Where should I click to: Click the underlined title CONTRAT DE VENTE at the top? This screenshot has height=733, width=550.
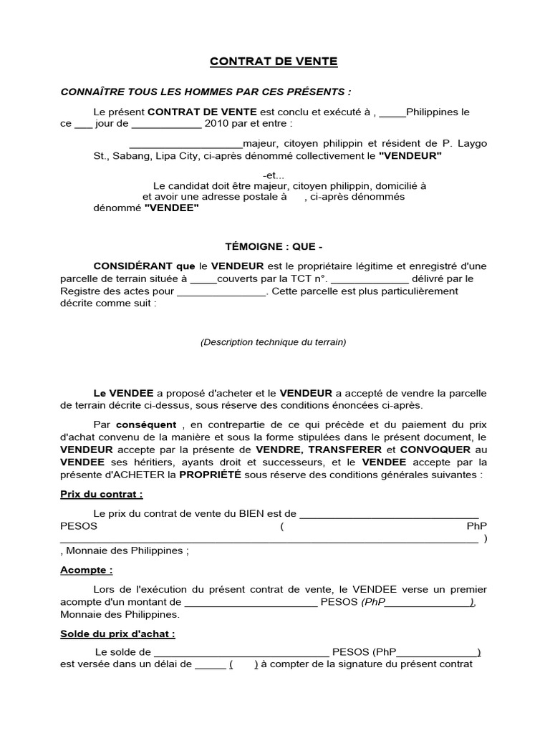click(274, 62)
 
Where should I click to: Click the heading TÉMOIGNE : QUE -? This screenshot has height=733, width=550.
click(274, 248)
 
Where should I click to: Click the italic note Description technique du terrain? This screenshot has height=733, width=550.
click(274, 342)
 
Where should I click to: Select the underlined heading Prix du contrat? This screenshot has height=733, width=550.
click(91, 494)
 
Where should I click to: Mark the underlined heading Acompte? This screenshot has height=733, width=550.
click(86, 570)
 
